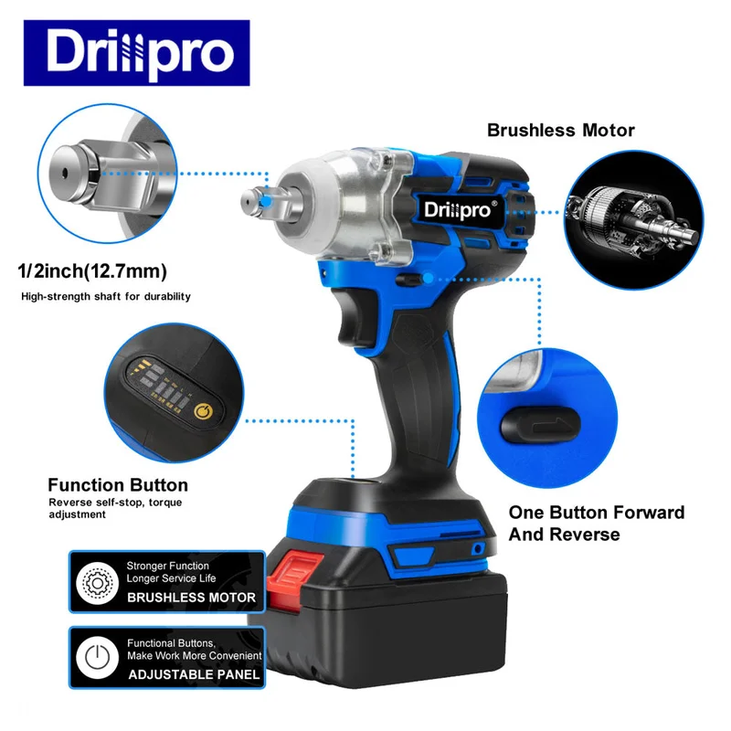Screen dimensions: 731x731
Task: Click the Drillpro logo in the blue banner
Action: (x=136, y=53)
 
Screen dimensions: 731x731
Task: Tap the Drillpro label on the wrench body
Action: (x=458, y=209)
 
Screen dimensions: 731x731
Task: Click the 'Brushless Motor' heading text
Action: (x=560, y=130)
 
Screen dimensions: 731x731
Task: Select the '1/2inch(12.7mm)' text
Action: (x=92, y=270)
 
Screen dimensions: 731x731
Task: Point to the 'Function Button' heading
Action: (x=118, y=485)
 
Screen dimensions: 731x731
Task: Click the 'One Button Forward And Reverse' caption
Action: (x=597, y=523)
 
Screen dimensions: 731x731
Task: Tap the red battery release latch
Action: (x=293, y=577)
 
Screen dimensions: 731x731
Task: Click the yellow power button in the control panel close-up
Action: (x=203, y=412)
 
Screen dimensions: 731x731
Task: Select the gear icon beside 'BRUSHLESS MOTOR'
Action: (x=98, y=583)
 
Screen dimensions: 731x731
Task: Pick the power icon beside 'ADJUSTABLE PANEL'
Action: (x=98, y=657)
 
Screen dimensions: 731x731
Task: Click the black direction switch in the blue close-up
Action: (x=541, y=424)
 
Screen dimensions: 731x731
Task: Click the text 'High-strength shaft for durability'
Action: (x=106, y=296)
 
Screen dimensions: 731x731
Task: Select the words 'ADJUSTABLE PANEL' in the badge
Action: (x=194, y=674)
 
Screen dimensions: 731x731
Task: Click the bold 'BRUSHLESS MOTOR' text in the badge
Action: (x=191, y=598)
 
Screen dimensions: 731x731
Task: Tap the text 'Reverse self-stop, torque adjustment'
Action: (x=115, y=508)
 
